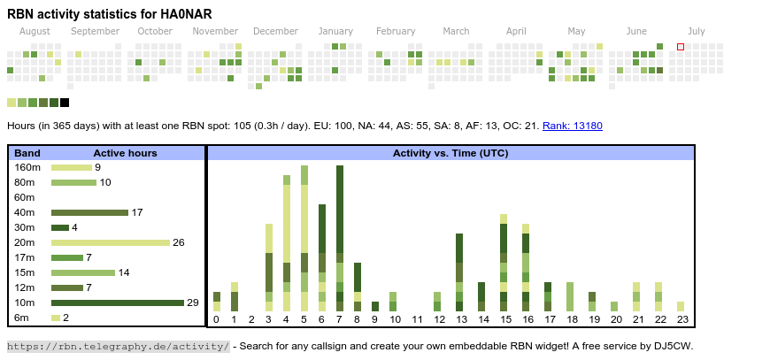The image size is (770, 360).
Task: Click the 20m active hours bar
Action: (x=110, y=242)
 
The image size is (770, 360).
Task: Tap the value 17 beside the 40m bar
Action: (x=137, y=212)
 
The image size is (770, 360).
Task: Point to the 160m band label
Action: (x=27, y=167)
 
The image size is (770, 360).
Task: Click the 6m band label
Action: (x=21, y=318)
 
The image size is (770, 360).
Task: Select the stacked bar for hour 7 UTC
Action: (x=340, y=238)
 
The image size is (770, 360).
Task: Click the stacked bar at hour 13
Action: (x=459, y=272)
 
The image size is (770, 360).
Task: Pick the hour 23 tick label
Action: (x=681, y=320)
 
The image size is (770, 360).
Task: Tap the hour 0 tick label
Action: (x=216, y=320)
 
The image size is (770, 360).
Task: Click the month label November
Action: (x=215, y=31)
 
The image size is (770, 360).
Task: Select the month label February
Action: (x=396, y=31)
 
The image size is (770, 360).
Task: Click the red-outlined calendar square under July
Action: (x=681, y=47)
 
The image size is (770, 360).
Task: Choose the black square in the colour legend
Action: (x=65, y=103)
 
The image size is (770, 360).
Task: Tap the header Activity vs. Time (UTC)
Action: (x=450, y=153)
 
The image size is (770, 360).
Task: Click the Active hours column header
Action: (x=125, y=153)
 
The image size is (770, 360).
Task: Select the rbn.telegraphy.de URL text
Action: (x=119, y=346)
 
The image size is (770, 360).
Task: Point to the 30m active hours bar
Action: (x=60, y=227)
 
